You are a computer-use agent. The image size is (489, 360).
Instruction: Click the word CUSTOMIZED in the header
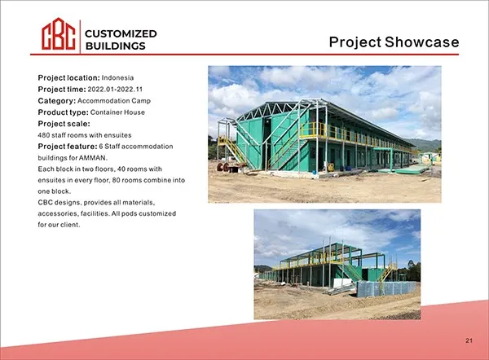121,33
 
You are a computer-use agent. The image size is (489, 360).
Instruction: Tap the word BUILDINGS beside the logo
116,46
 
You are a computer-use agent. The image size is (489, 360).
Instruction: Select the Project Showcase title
394,42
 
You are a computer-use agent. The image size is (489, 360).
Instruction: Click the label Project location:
68,77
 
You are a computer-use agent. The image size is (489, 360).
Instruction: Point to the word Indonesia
117,77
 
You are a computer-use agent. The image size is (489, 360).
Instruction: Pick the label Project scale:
64,123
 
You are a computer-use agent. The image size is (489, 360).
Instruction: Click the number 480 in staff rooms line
45,134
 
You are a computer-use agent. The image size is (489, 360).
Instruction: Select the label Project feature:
67,146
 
